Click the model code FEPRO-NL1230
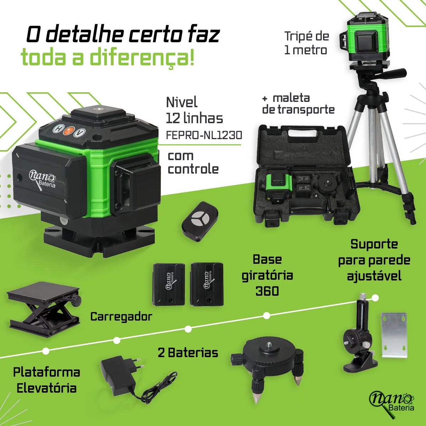coord(204,135)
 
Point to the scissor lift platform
coord(44,310)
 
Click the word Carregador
coord(121,317)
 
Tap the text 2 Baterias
coord(188,353)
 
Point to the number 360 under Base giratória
coord(267,291)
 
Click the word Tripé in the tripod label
coord(297,36)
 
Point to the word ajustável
coord(374,276)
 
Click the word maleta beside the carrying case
coord(291,98)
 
